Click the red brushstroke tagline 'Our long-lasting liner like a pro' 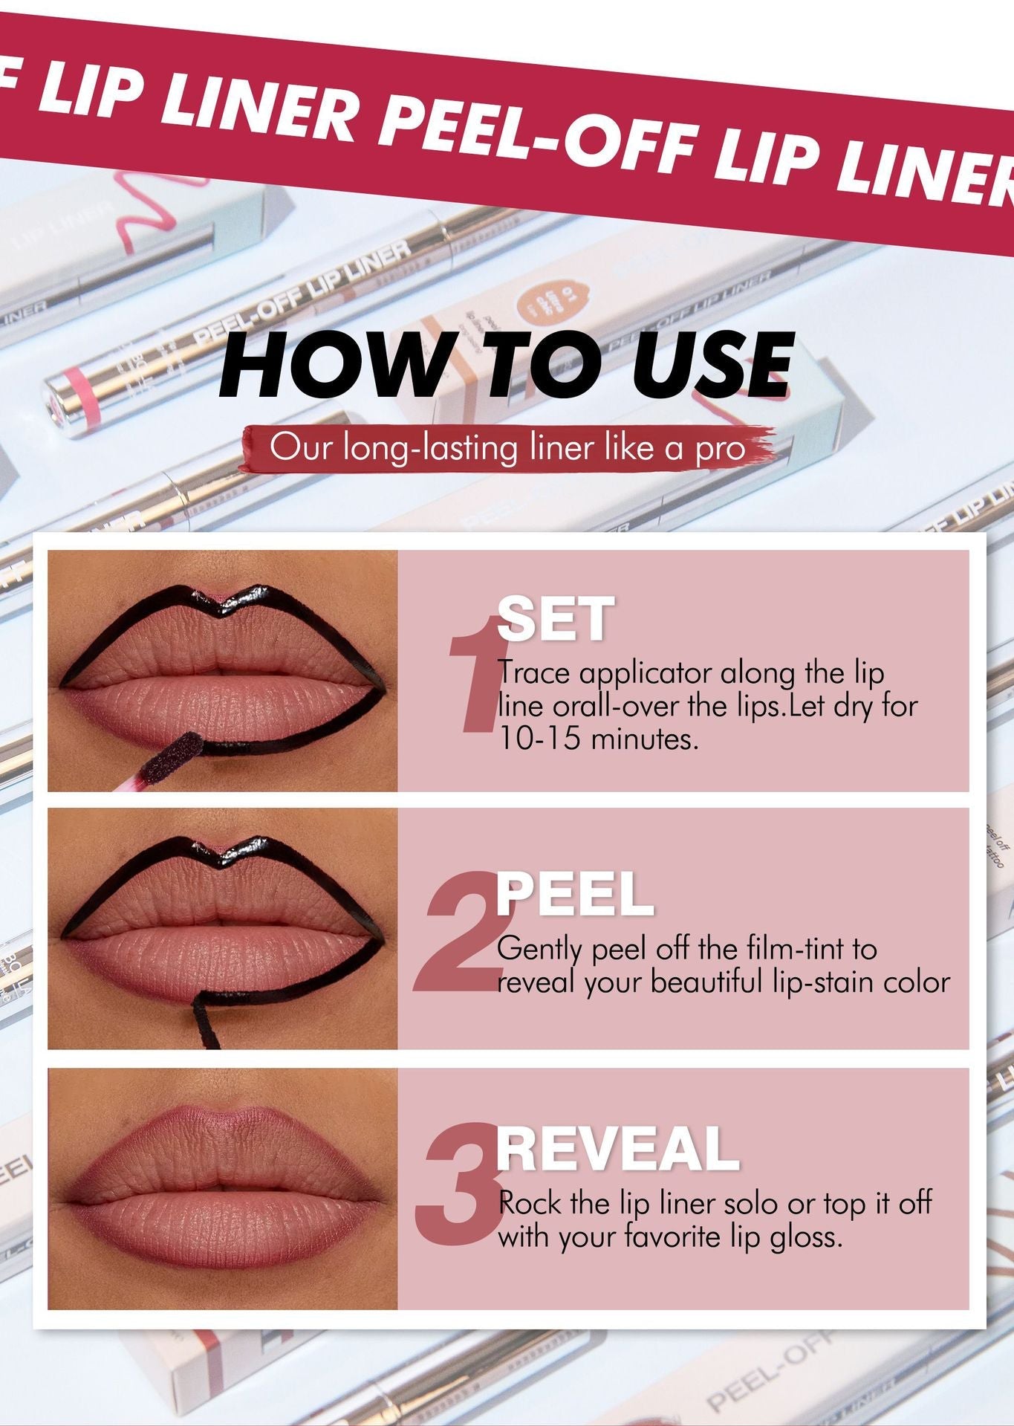pos(507,449)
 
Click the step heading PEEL pos(574,895)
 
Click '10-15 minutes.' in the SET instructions pos(599,739)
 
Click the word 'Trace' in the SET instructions pos(535,673)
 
